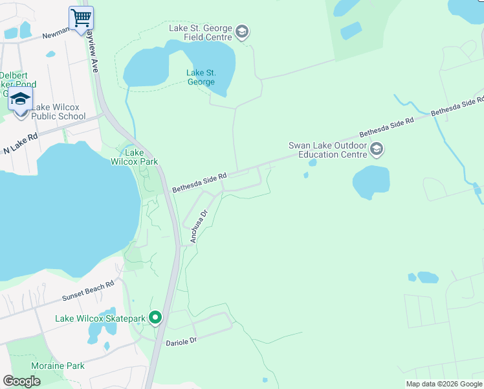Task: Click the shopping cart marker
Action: point(81,18)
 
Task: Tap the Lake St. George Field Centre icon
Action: point(242,32)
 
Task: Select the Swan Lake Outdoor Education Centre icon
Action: point(377,150)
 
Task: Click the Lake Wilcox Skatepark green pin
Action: point(155,318)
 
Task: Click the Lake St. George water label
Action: point(201,77)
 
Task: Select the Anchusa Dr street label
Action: point(197,226)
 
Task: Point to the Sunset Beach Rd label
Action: point(88,290)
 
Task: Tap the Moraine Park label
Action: point(60,366)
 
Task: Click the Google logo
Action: point(21,381)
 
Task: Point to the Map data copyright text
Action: point(443,384)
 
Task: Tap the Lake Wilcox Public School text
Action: point(58,112)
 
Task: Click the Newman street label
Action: point(56,36)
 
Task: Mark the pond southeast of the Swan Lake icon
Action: point(371,182)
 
